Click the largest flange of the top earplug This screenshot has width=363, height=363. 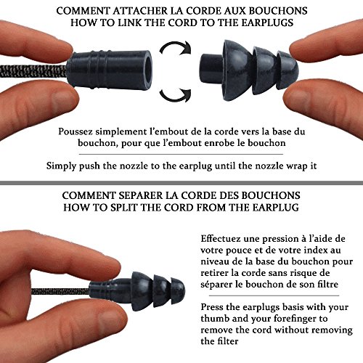[x=238, y=70]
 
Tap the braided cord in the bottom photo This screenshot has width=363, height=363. [x=60, y=291]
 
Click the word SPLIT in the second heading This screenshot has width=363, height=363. [x=123, y=208]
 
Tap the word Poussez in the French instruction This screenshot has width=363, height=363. [x=76, y=132]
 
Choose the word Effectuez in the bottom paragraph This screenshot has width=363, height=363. [x=221, y=239]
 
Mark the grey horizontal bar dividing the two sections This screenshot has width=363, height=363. [x=181, y=183]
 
